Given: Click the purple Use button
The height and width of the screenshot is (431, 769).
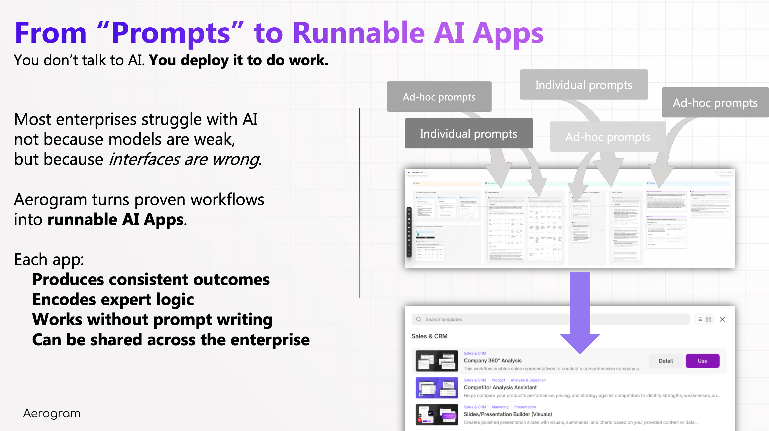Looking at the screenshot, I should coord(702,361).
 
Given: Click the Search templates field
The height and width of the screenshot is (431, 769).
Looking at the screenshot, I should coord(549,319).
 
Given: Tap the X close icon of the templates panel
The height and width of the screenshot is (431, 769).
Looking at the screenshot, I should coord(722,319).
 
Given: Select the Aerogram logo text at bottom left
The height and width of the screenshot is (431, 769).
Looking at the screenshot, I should coord(52,413).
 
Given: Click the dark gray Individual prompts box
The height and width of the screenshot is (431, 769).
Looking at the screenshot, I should coord(469,134).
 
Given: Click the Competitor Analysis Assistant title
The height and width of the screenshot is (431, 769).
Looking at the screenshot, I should coord(500,387).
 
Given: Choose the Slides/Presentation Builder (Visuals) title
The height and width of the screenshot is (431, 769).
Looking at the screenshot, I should coord(507,414).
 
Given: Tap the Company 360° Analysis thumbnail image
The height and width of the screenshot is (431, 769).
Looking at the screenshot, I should coord(436,361).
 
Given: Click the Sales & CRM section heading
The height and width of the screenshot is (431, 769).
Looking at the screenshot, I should coord(429,336).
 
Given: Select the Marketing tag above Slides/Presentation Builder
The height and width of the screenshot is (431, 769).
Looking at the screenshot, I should coord(500,407).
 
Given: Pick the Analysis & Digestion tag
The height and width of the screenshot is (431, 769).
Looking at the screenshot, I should coord(528,380).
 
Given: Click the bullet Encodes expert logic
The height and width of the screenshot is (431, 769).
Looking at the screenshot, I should coord(113,300).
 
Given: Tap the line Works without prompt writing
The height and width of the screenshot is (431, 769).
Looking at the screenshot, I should coord(152,320).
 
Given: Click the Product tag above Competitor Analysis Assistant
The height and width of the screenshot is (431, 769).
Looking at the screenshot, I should coord(498,380).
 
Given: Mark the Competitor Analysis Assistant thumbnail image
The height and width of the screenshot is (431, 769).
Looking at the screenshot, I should coord(436,388).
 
